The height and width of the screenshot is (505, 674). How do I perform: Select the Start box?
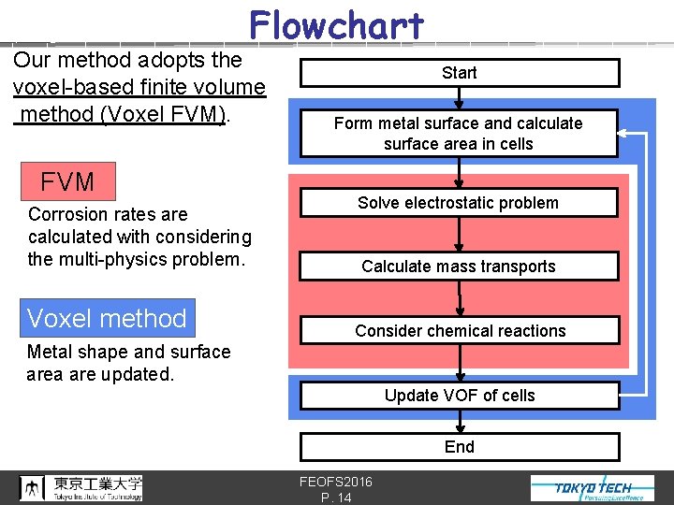click(x=459, y=73)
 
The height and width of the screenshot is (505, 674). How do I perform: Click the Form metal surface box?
click(x=459, y=134)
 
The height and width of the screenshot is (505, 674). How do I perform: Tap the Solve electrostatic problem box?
click(x=459, y=203)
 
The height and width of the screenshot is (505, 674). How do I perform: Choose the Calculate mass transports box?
click(x=459, y=267)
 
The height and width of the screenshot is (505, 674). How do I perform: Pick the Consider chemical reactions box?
click(x=459, y=331)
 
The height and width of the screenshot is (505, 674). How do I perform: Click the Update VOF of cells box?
click(x=459, y=396)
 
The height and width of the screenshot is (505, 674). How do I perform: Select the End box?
click(x=459, y=447)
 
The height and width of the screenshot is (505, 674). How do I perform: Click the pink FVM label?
click(x=67, y=180)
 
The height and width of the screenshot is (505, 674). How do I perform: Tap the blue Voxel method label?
click(x=108, y=318)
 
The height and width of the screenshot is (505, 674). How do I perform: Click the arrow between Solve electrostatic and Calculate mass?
click(x=459, y=235)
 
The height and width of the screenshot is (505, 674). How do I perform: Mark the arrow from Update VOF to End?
click(x=459, y=422)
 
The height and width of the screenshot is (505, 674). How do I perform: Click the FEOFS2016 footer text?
click(x=335, y=482)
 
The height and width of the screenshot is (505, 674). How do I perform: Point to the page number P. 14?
click(x=335, y=498)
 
